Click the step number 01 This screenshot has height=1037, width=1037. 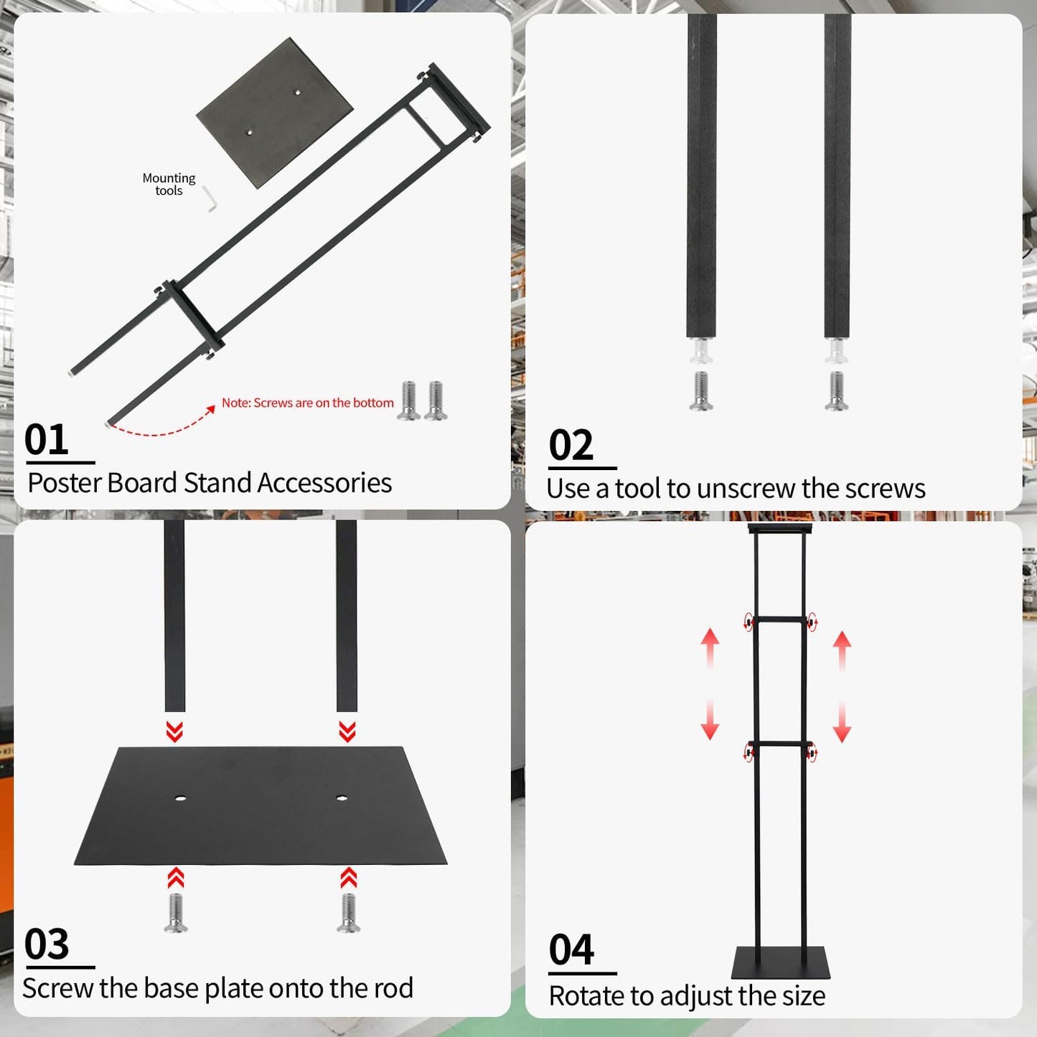[47, 439]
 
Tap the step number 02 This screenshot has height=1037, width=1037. [571, 445]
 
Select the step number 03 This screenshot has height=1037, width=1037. [47, 944]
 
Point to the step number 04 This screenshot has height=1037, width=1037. [571, 950]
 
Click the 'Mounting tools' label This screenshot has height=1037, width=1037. [169, 184]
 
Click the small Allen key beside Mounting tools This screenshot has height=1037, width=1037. [210, 199]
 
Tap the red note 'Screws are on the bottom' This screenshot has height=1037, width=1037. [307, 403]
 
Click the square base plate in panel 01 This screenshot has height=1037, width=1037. [275, 112]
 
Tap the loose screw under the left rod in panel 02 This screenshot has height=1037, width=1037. [701, 391]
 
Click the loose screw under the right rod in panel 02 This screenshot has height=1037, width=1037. [836, 391]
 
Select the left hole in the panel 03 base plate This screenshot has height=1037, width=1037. [179, 798]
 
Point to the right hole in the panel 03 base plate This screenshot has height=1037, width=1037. [342, 798]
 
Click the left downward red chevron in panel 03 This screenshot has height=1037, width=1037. [174, 731]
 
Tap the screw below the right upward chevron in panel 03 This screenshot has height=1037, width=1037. [349, 913]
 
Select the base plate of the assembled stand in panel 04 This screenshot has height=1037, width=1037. [781, 963]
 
